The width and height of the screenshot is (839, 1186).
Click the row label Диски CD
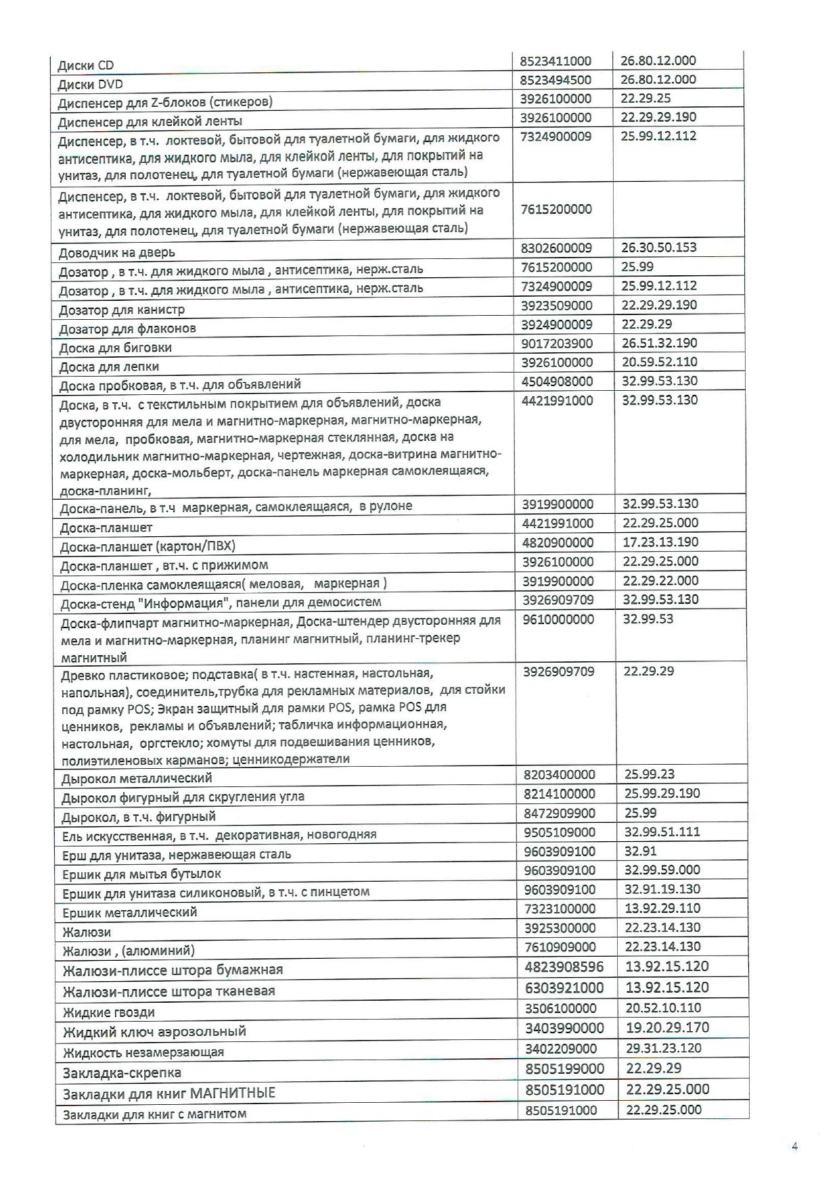point(86,66)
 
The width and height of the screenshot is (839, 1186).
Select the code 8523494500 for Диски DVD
point(555,80)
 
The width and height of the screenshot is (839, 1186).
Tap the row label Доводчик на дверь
point(116,253)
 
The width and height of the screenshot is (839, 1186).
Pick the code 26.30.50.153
point(658,247)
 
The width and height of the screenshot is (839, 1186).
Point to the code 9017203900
point(557,343)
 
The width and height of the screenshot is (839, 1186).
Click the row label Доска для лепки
point(109,367)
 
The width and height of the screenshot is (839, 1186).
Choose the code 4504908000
point(557,381)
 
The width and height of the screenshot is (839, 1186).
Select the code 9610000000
point(558,619)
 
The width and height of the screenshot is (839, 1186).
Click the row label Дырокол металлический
point(136,778)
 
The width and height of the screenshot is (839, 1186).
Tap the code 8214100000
point(560,794)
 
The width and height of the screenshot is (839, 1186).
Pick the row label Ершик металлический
point(129,913)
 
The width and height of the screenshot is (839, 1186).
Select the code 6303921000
point(564,988)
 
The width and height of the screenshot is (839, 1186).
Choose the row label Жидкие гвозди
point(108,1013)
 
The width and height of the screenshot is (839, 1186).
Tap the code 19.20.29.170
point(667,1028)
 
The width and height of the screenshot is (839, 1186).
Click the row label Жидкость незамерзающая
point(143,1053)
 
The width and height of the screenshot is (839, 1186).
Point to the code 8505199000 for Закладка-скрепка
point(564,1069)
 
